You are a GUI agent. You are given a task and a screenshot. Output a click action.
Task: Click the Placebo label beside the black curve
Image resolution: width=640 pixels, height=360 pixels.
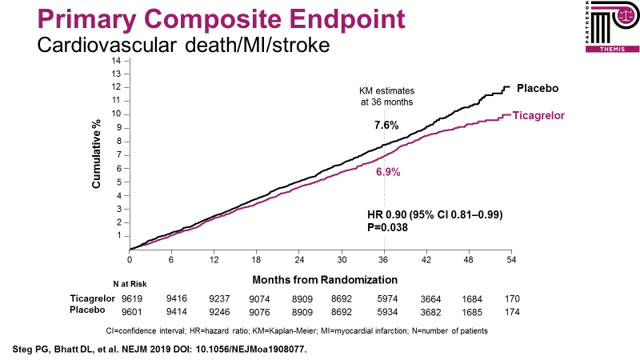(x=537, y=87)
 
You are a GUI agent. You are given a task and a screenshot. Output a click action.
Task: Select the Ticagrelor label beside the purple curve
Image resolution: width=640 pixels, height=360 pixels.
(x=539, y=116)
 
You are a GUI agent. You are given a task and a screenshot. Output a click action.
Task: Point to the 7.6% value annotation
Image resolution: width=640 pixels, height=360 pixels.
(x=386, y=126)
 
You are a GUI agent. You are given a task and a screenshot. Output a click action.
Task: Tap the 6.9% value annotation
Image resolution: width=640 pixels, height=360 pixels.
(x=388, y=172)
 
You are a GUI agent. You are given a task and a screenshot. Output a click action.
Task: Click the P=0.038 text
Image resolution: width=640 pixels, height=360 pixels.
(x=386, y=227)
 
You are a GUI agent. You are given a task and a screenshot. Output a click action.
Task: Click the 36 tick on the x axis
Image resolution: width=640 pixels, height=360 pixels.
(x=384, y=260)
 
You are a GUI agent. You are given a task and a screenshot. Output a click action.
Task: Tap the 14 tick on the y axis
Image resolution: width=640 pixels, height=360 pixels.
(x=117, y=60)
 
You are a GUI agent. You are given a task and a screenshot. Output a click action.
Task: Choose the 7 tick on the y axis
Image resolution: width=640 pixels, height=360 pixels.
(x=118, y=154)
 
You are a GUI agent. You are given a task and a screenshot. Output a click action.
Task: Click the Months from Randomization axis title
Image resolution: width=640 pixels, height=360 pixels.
(x=325, y=280)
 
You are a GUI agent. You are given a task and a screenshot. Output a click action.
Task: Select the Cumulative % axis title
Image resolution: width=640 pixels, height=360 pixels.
(x=96, y=156)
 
